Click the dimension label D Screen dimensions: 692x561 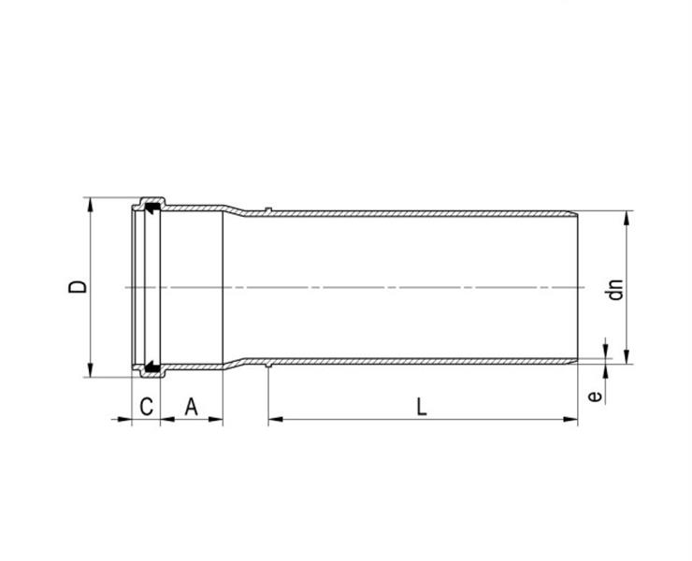(78, 287)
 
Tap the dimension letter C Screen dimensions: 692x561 (147, 407)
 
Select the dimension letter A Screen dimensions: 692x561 (191, 407)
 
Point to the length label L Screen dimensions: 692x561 (422, 407)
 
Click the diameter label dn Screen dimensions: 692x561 (615, 290)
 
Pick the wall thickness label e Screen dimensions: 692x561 (596, 396)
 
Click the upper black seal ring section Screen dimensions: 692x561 (152, 208)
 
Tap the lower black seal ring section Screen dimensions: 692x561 (152, 367)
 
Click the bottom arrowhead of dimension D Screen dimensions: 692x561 (91, 370)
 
